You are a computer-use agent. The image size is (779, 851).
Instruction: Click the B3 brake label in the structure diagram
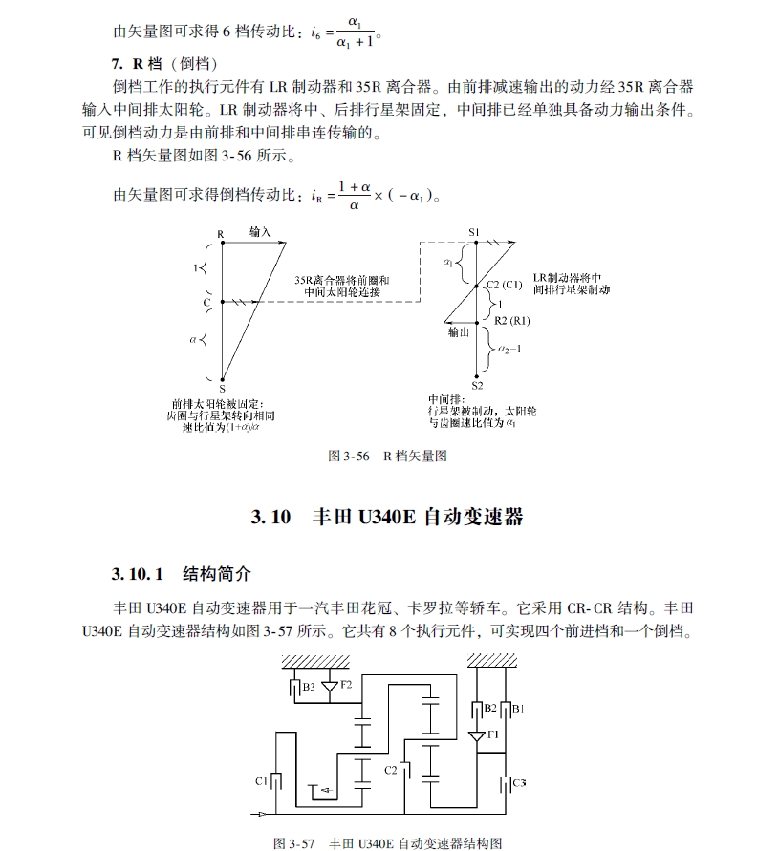tap(309, 686)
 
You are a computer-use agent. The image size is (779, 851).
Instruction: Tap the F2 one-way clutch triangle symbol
tap(330, 686)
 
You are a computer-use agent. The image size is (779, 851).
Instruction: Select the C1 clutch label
tap(260, 781)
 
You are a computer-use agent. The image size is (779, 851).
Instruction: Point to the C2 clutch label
tap(390, 769)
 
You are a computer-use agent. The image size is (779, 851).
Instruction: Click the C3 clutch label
tap(519, 782)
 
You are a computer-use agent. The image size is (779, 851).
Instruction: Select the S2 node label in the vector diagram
tap(476, 385)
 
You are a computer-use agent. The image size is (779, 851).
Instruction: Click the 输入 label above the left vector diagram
tap(261, 232)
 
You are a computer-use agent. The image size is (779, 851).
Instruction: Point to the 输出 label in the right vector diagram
tap(459, 333)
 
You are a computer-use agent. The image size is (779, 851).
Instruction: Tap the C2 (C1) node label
tap(504, 285)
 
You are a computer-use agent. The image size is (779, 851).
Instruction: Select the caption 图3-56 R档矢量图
tap(388, 456)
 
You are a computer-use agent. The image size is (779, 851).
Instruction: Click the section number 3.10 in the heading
tap(270, 518)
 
